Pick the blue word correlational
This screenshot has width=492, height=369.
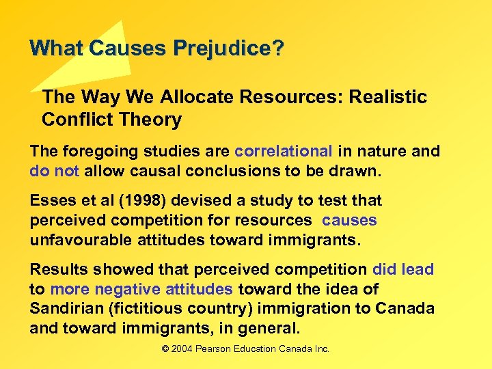[284, 151]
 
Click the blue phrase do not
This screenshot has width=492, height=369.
[55, 171]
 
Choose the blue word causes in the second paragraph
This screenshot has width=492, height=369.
[349, 221]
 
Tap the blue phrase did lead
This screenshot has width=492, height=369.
[403, 269]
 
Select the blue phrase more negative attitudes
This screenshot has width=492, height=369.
[141, 289]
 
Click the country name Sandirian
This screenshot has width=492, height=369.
[66, 309]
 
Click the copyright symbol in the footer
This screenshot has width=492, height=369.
[165, 349]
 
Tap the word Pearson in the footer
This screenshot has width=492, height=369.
[218, 349]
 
